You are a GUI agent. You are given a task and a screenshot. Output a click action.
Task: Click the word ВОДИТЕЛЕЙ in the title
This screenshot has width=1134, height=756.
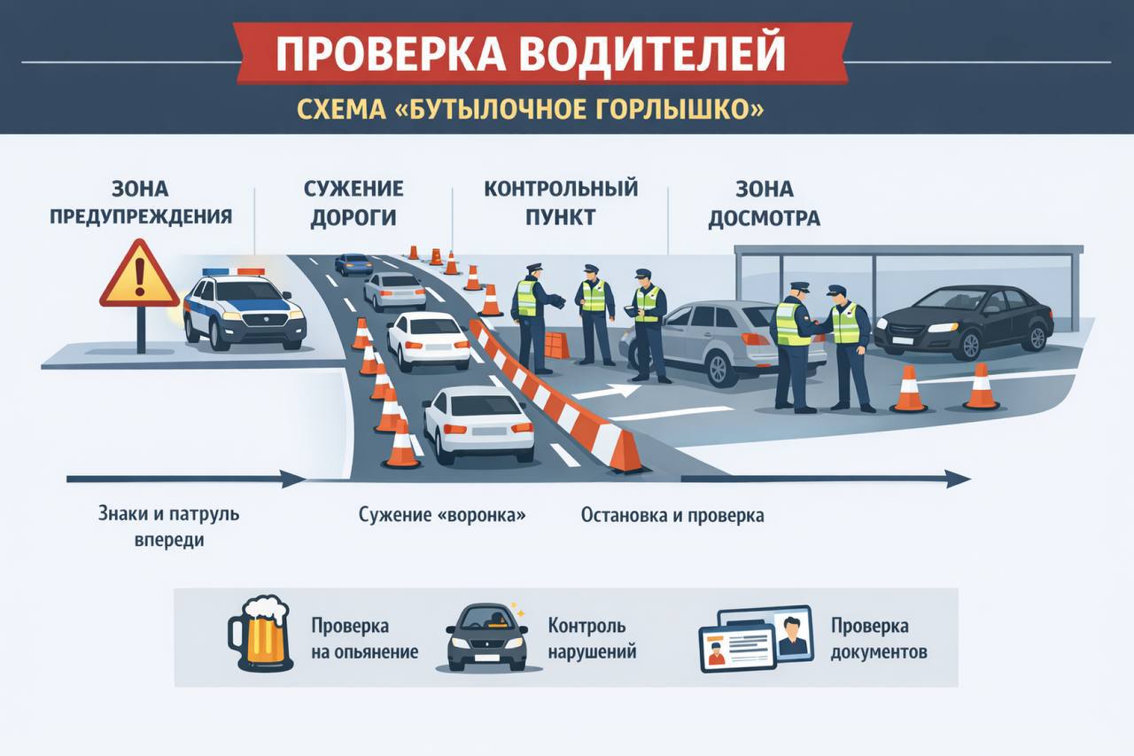[x=651, y=54]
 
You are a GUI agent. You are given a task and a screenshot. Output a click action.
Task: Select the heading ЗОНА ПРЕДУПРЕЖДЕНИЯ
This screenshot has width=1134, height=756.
[x=141, y=203]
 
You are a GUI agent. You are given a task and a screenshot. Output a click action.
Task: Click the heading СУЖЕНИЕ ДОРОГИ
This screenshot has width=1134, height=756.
[x=353, y=203]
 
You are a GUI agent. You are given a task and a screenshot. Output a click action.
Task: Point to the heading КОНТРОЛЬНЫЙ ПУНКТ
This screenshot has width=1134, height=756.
[x=560, y=203]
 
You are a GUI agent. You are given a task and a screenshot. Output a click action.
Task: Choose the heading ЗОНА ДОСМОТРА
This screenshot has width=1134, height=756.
[x=764, y=203]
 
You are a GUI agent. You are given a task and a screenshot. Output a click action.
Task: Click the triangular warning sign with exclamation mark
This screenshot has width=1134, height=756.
[x=139, y=277]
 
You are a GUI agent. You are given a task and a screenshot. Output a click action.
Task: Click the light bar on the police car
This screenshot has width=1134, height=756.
[x=233, y=272]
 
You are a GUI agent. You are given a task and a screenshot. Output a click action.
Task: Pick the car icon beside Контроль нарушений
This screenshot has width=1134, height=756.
[x=486, y=637]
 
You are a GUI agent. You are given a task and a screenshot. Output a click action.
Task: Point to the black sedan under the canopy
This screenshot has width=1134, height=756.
[x=964, y=320]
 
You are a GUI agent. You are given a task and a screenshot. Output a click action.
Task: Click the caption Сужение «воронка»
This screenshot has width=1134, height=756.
[x=442, y=515]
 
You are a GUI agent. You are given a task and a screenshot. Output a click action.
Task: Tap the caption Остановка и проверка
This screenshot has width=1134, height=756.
[x=672, y=515]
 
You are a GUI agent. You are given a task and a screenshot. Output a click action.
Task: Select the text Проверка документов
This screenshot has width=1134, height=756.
[x=878, y=638]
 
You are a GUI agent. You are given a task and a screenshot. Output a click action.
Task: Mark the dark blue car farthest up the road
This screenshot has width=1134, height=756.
[x=353, y=263]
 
